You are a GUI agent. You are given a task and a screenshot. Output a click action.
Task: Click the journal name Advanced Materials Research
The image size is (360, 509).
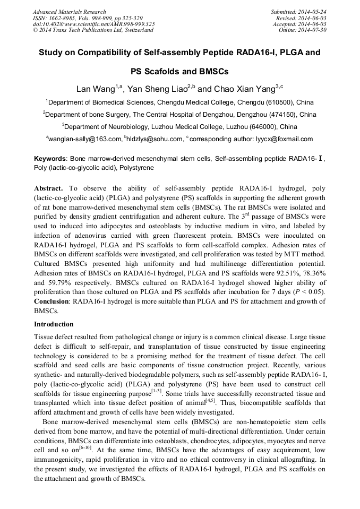click(69, 12)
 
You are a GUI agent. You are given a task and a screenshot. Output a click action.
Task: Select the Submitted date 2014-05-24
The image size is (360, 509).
click(314, 12)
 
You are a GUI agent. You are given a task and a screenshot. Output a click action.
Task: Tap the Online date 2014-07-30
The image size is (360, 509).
click(314, 30)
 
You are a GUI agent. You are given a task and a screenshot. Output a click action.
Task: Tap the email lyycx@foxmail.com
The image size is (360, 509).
click(284, 139)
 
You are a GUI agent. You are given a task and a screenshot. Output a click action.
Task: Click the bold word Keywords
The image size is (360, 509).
click(50, 159)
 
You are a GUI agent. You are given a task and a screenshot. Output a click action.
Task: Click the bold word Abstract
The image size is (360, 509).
click(49, 188)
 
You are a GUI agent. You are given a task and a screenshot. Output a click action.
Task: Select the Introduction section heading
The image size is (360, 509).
click(54, 324)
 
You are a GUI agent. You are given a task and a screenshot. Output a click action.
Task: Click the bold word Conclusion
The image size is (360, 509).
click(53, 301)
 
